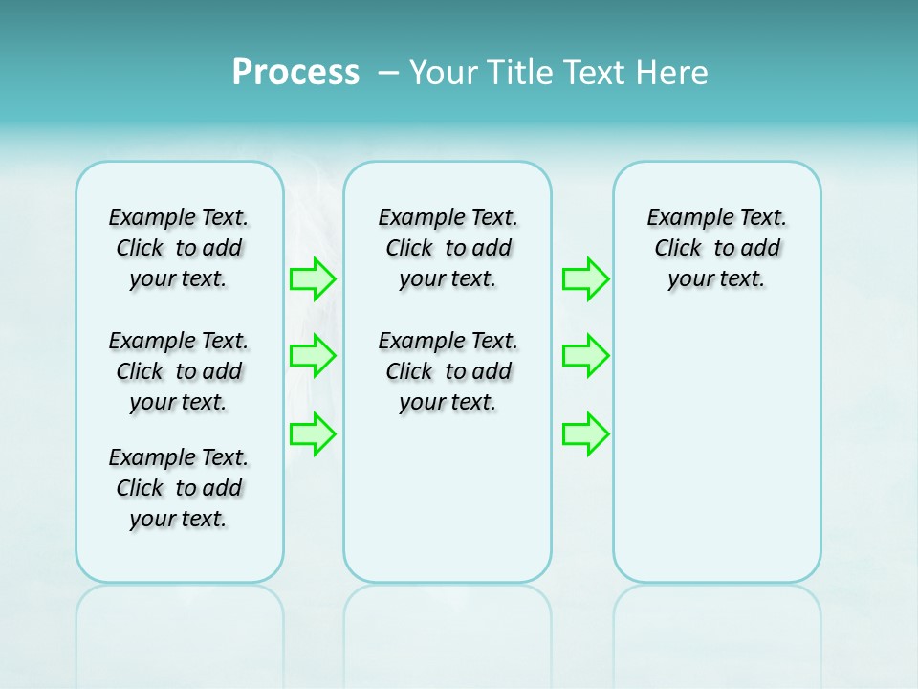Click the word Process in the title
pos(295,73)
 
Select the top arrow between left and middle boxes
pos(313,279)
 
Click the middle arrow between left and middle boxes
pos(313,356)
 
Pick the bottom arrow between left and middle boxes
pos(313,433)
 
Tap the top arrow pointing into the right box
pos(585,279)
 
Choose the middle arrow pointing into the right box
pos(585,356)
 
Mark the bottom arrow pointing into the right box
pos(585,433)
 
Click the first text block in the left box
pos(179,248)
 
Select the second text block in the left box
pos(179,371)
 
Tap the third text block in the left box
pos(179,488)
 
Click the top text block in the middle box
pos(448,248)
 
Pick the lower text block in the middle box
pos(448,371)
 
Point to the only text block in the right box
pos(716,248)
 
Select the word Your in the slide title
pos(443,73)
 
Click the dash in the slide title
pos(388,73)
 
